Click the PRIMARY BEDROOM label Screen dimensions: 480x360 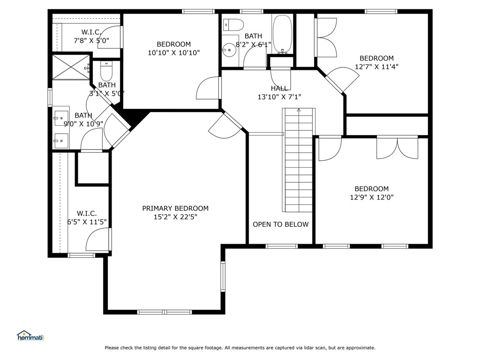pos(175,209)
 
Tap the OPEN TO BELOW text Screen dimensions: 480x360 pos(281,225)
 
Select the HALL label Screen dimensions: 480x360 pos(279,89)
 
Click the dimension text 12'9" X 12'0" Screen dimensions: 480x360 pos(372,197)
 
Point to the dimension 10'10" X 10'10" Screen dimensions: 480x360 pos(174,52)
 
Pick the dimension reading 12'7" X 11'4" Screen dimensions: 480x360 pos(376,67)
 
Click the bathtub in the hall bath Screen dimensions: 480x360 pos(282,34)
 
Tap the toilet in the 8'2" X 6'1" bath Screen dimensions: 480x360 pos(233,25)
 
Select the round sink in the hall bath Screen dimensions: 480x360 pos(229,50)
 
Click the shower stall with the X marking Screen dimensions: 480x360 pos(71,67)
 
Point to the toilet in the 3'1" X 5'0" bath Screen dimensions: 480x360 pos(106,71)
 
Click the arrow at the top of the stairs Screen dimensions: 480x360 pos(299,110)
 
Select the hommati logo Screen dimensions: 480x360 pos(30,336)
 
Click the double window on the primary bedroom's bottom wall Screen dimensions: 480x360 pos(165,312)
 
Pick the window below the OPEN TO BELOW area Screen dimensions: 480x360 pos(282,246)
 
